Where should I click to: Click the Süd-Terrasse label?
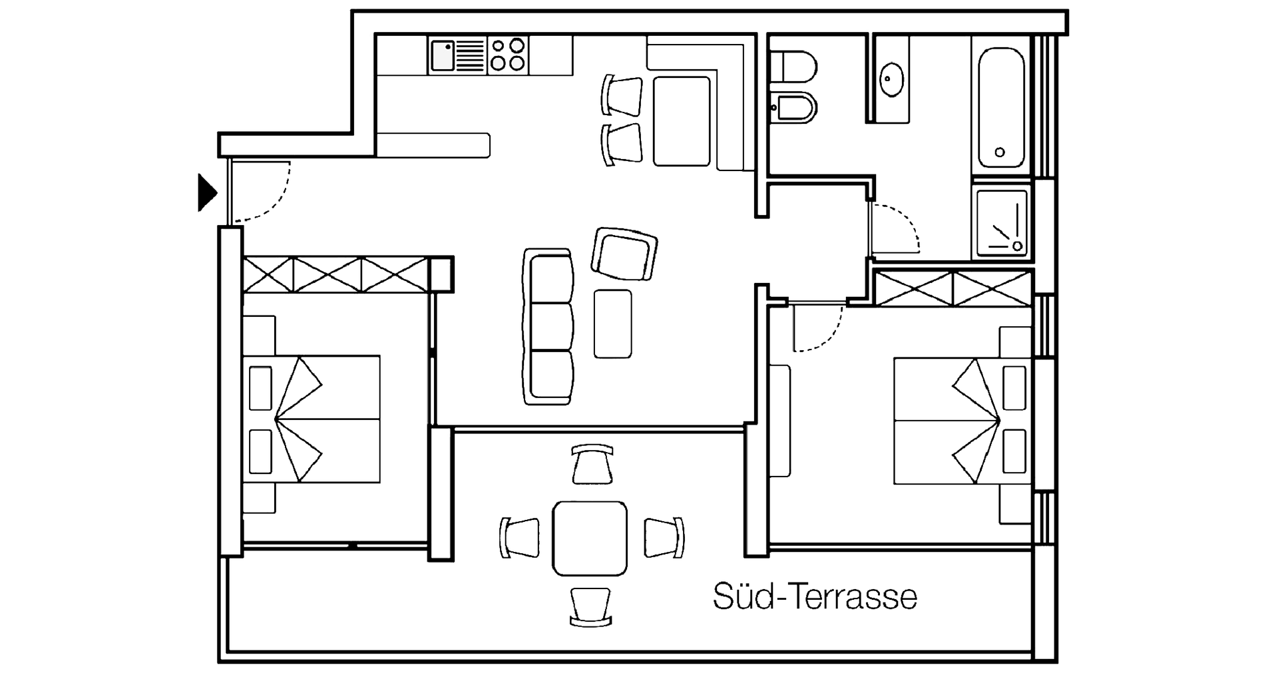[x=815, y=596]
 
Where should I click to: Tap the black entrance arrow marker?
[x=208, y=193]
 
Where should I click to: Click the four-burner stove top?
[x=507, y=55]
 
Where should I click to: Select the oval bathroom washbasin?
[x=891, y=80]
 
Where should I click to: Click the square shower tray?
[x=1001, y=224]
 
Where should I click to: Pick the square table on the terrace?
[x=590, y=538]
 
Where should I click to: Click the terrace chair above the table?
[x=592, y=463]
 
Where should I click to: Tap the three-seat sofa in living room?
[x=548, y=326]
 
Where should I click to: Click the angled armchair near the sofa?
[x=624, y=254]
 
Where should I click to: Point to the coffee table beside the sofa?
[x=613, y=324]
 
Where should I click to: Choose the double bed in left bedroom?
[x=312, y=419]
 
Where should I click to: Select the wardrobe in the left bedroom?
[x=335, y=275]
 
